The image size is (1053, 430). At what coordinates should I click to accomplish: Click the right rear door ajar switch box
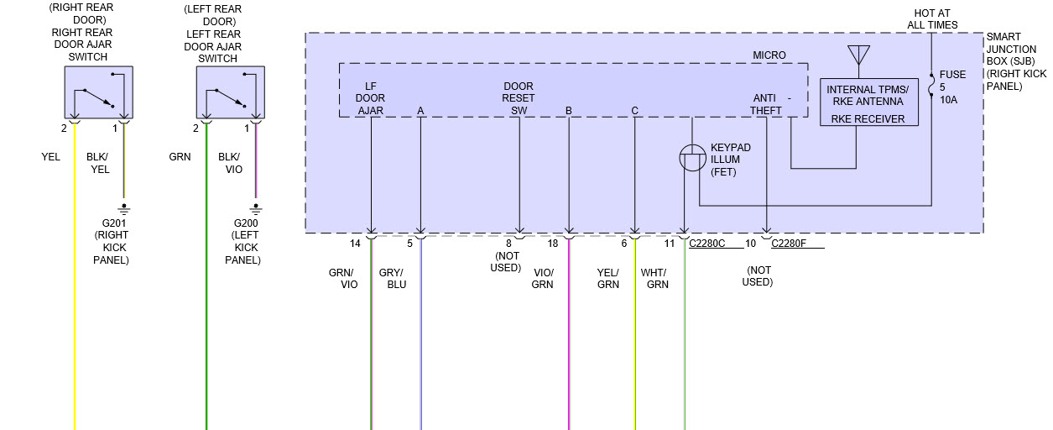point(99,92)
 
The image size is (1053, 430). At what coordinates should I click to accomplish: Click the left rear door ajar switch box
point(230,92)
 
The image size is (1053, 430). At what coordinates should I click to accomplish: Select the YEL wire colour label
point(50,156)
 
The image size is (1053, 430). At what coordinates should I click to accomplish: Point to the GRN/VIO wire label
point(343,279)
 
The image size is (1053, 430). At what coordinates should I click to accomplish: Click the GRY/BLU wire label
point(392,279)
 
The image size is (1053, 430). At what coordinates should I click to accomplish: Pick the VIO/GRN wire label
point(543,279)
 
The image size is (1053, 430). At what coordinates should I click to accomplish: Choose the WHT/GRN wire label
point(654,279)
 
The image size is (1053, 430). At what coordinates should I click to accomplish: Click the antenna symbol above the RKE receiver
point(858,55)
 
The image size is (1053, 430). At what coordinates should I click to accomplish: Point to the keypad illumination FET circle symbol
point(691,159)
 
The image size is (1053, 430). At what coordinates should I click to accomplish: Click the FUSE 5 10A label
point(952,87)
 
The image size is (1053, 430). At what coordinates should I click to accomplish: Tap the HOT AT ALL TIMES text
point(932,19)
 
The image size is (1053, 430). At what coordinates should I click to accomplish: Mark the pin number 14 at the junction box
point(355,244)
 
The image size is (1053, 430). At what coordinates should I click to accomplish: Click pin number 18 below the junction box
point(552,244)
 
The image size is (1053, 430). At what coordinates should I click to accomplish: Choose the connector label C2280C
point(707,244)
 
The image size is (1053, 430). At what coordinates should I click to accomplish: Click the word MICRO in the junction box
point(769,55)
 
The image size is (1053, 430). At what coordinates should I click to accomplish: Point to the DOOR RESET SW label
point(519,98)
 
